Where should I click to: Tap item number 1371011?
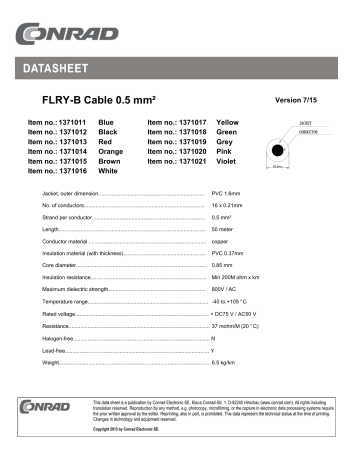click(x=50, y=121)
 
